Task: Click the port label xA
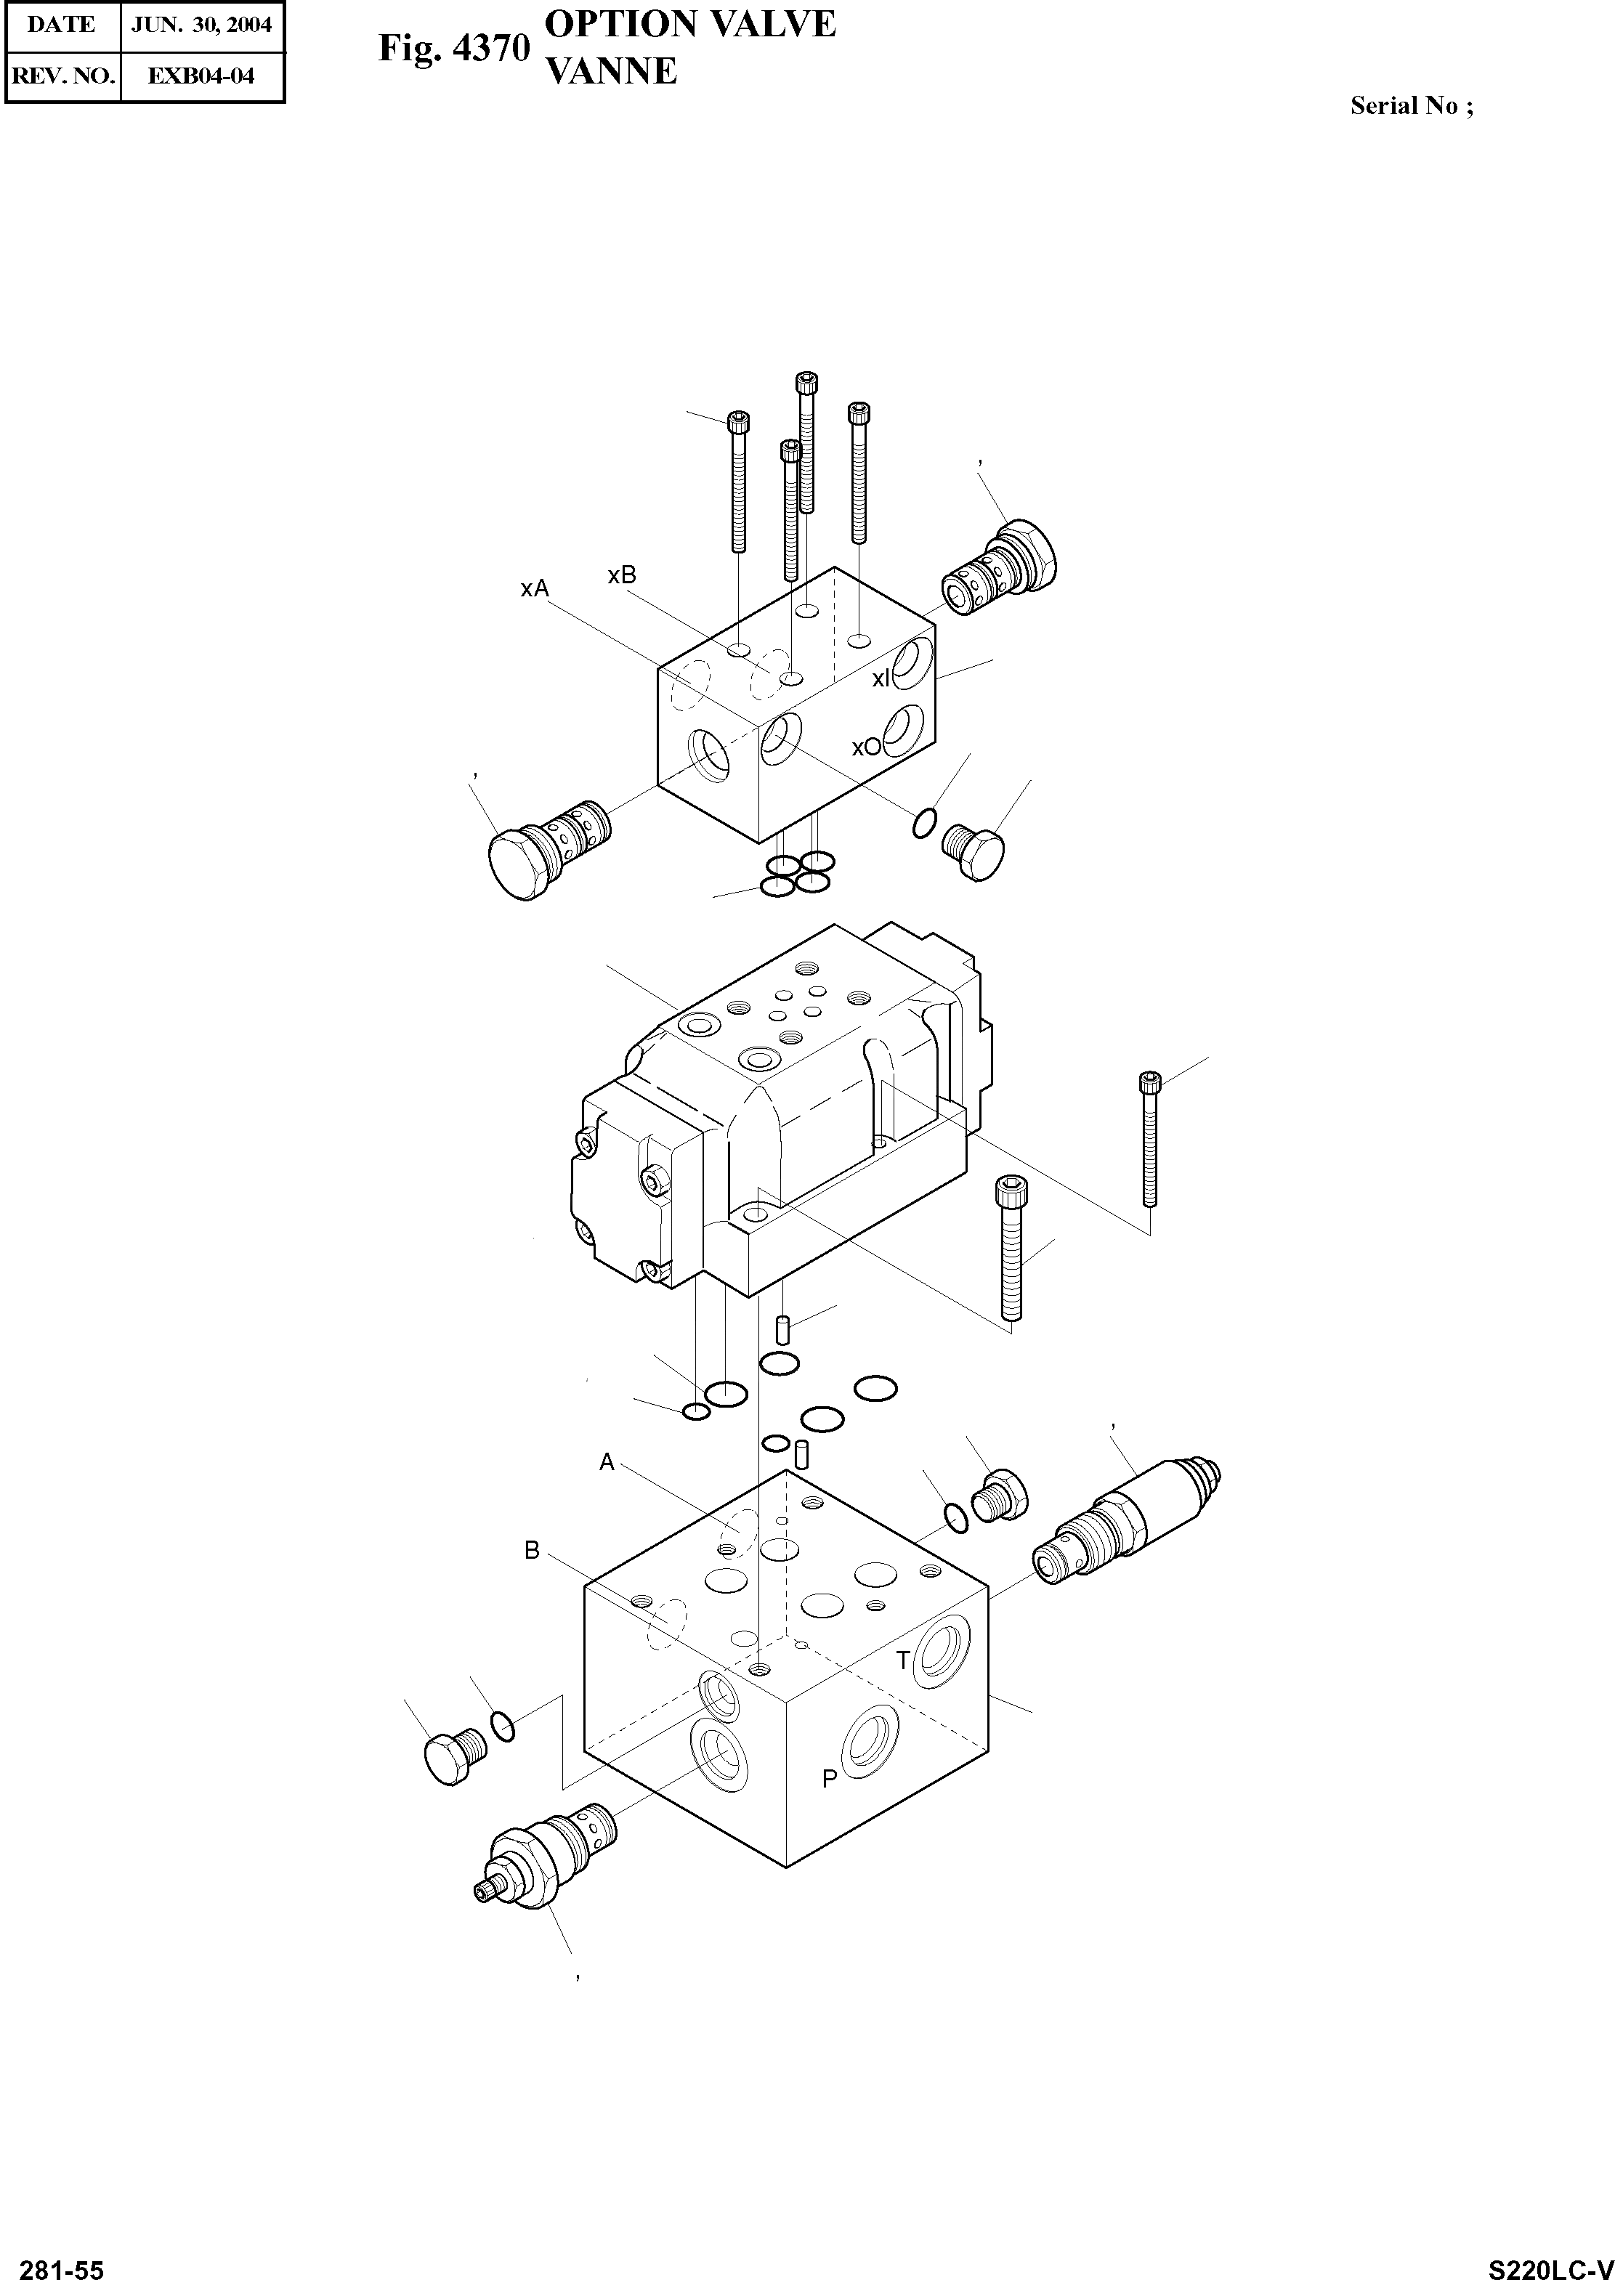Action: point(534,588)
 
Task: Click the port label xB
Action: point(622,575)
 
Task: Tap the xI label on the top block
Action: point(881,679)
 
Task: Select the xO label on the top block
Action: point(866,747)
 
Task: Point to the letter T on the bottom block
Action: point(903,1660)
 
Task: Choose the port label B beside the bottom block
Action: point(532,1550)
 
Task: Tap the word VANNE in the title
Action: point(612,72)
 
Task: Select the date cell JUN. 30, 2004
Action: point(202,25)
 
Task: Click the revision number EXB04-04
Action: point(202,76)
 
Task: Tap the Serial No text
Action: point(1411,105)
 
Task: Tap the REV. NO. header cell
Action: point(62,76)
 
